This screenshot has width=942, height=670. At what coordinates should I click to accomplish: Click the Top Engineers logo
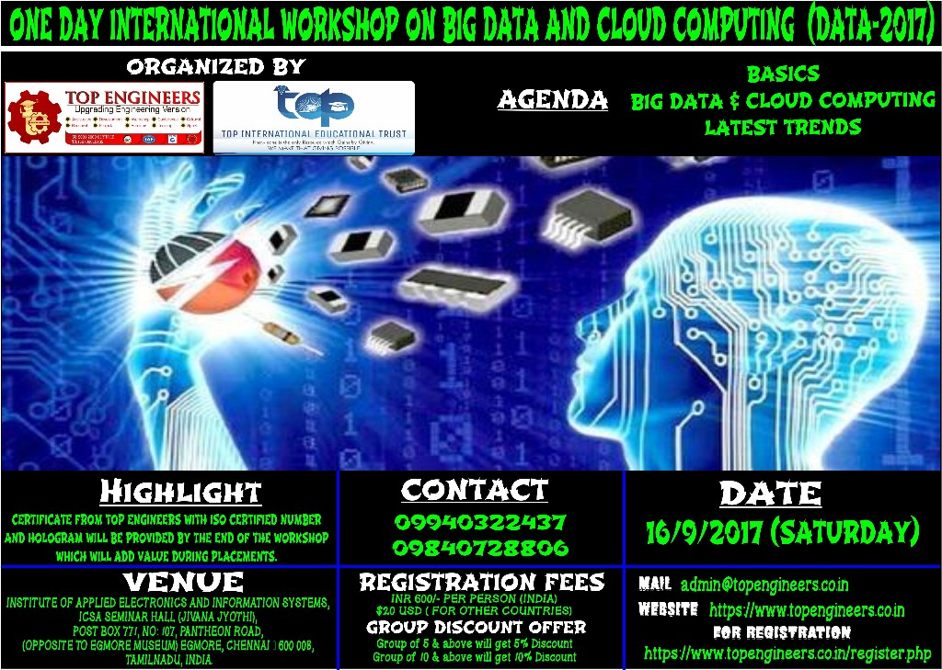[x=105, y=118]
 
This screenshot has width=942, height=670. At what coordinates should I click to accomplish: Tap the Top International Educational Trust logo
[x=314, y=118]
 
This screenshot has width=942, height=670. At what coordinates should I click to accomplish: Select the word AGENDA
[x=552, y=100]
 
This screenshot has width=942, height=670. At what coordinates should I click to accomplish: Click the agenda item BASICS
[x=783, y=74]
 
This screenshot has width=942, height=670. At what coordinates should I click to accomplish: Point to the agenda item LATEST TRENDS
[x=783, y=127]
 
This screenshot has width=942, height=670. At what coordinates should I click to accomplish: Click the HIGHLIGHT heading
[x=180, y=493]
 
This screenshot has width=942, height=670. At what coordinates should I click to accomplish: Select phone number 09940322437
[x=480, y=523]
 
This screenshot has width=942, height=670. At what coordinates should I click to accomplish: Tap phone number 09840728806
[x=480, y=548]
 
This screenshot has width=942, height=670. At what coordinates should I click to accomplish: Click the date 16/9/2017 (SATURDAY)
[x=782, y=531]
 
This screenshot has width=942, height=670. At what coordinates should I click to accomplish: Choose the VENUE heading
[x=183, y=582]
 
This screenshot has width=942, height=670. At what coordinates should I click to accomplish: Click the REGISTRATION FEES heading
[x=481, y=583]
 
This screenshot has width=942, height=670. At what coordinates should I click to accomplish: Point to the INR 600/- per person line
[x=475, y=599]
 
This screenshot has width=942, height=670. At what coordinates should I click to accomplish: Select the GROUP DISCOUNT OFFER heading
[x=476, y=628]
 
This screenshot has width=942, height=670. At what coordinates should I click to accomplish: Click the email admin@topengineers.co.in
[x=764, y=585]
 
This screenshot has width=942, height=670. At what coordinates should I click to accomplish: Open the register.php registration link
[x=787, y=653]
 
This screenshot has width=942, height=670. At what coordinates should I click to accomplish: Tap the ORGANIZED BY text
[x=215, y=67]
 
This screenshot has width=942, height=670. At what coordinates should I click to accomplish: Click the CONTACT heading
[x=474, y=491]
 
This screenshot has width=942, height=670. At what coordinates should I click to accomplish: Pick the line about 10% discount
[x=475, y=657]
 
